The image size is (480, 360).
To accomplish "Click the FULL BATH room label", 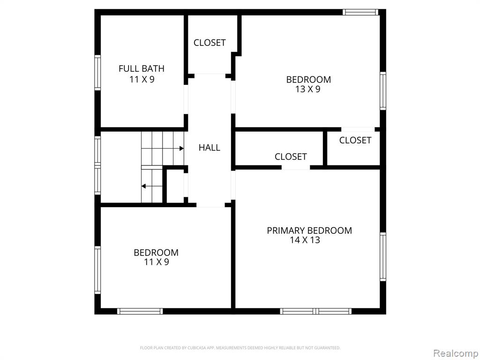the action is [x=142, y=68].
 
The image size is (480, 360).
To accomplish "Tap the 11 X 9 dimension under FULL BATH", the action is [x=142, y=79].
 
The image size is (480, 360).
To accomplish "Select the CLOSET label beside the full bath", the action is [x=210, y=43].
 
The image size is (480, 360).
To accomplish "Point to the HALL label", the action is [x=210, y=148].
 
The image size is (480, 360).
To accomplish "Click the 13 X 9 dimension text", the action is [x=308, y=89].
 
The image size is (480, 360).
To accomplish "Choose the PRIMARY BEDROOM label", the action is [x=309, y=231].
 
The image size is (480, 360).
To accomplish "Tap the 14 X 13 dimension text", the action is [x=305, y=240].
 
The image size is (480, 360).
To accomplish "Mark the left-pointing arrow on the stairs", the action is [x=152, y=186].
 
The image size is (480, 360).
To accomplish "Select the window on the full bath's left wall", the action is [x=97, y=73].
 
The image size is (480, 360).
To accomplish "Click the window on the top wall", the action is [x=360, y=12].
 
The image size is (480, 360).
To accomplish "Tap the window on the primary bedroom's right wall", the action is [x=383, y=256].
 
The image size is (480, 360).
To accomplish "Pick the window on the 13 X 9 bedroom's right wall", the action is [x=383, y=90].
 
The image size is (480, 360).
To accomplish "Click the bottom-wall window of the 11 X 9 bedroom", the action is [x=140, y=311].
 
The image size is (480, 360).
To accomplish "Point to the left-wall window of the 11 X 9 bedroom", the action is [x=97, y=270].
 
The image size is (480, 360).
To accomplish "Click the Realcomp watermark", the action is [x=456, y=353].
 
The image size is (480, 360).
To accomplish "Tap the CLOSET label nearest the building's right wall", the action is [x=355, y=140].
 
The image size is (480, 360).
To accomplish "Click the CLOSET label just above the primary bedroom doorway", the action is [x=291, y=157].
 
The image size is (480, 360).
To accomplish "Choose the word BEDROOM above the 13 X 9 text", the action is [x=308, y=80].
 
